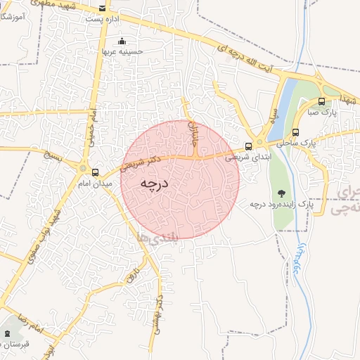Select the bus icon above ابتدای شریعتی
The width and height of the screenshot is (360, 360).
(x=248, y=146)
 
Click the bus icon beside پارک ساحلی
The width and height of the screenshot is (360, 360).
(x=296, y=131)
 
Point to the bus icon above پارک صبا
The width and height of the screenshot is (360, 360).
(x=322, y=101)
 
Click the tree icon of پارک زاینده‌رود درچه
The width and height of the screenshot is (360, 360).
(x=282, y=193)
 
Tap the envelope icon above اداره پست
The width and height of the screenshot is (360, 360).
(x=104, y=9)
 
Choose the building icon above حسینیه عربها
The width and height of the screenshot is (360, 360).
(x=122, y=41)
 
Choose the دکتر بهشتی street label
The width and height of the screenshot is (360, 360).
(x=162, y=310)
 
